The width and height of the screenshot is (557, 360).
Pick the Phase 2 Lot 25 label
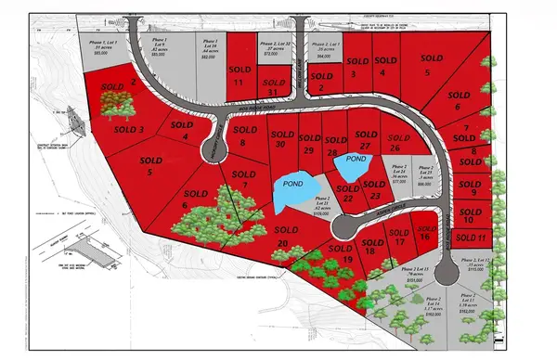(x=426, y=171)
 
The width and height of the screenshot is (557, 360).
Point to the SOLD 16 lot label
(x=422, y=231)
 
